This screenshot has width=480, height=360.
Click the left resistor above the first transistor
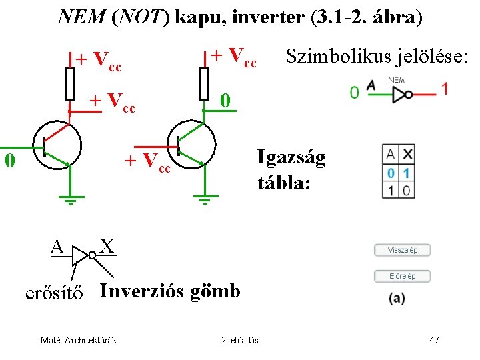(x=69, y=84)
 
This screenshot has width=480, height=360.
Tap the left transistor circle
(x=57, y=146)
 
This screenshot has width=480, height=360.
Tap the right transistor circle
(x=192, y=145)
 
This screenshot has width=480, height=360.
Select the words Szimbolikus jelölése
(x=376, y=57)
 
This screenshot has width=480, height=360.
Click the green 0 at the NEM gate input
(x=354, y=92)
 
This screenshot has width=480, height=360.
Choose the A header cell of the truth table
(x=391, y=154)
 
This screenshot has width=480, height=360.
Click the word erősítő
(x=54, y=293)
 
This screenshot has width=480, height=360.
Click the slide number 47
(x=434, y=341)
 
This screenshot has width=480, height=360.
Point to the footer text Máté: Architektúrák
(x=79, y=341)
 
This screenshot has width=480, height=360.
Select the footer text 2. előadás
(x=240, y=341)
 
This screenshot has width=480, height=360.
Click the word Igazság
(x=291, y=158)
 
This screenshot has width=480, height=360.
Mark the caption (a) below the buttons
(x=398, y=298)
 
